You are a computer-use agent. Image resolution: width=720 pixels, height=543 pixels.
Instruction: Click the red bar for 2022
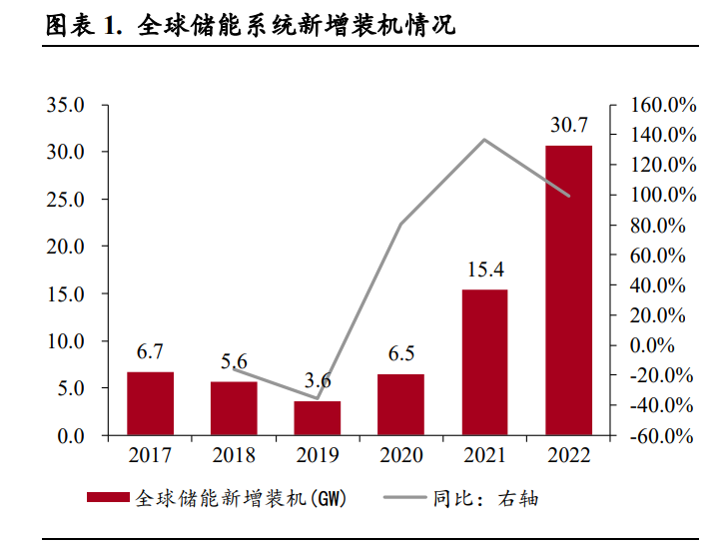pos(568,290)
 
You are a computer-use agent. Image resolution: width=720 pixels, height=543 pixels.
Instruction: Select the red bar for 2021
pos(485,362)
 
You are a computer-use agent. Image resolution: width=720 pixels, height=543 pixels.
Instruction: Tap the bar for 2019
pos(318,418)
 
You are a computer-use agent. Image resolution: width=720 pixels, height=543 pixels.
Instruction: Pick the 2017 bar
pos(150,403)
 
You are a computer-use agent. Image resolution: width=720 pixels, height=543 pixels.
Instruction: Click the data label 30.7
pos(569,126)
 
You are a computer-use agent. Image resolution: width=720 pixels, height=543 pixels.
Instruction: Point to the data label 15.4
pos(485,270)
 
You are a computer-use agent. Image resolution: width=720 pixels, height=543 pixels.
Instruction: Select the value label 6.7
pos(150,351)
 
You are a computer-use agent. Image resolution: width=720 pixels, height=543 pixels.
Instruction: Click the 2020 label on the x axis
pos(401,455)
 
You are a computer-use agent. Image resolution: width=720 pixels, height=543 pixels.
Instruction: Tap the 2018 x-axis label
pos(234,455)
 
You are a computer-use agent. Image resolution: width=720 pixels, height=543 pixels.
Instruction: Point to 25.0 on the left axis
pos(66,200)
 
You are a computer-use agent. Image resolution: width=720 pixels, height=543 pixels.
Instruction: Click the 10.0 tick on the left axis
pos(66,341)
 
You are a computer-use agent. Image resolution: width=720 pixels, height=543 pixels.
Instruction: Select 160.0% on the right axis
pos(663,105)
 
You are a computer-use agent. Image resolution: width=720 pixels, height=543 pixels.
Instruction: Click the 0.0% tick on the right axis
pos(652,345)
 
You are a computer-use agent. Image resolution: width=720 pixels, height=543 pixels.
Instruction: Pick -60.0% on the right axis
pos(662,435)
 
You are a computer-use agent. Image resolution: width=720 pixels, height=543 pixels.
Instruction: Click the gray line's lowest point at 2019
pos(318,398)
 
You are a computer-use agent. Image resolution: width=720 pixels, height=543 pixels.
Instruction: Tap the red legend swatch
pos(109,497)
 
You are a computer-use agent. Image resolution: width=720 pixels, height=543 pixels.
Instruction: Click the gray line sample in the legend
pos(404,497)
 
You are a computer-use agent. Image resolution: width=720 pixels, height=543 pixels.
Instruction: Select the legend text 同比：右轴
pos(485,498)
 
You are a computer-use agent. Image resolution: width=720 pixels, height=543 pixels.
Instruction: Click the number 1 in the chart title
pos(109,26)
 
